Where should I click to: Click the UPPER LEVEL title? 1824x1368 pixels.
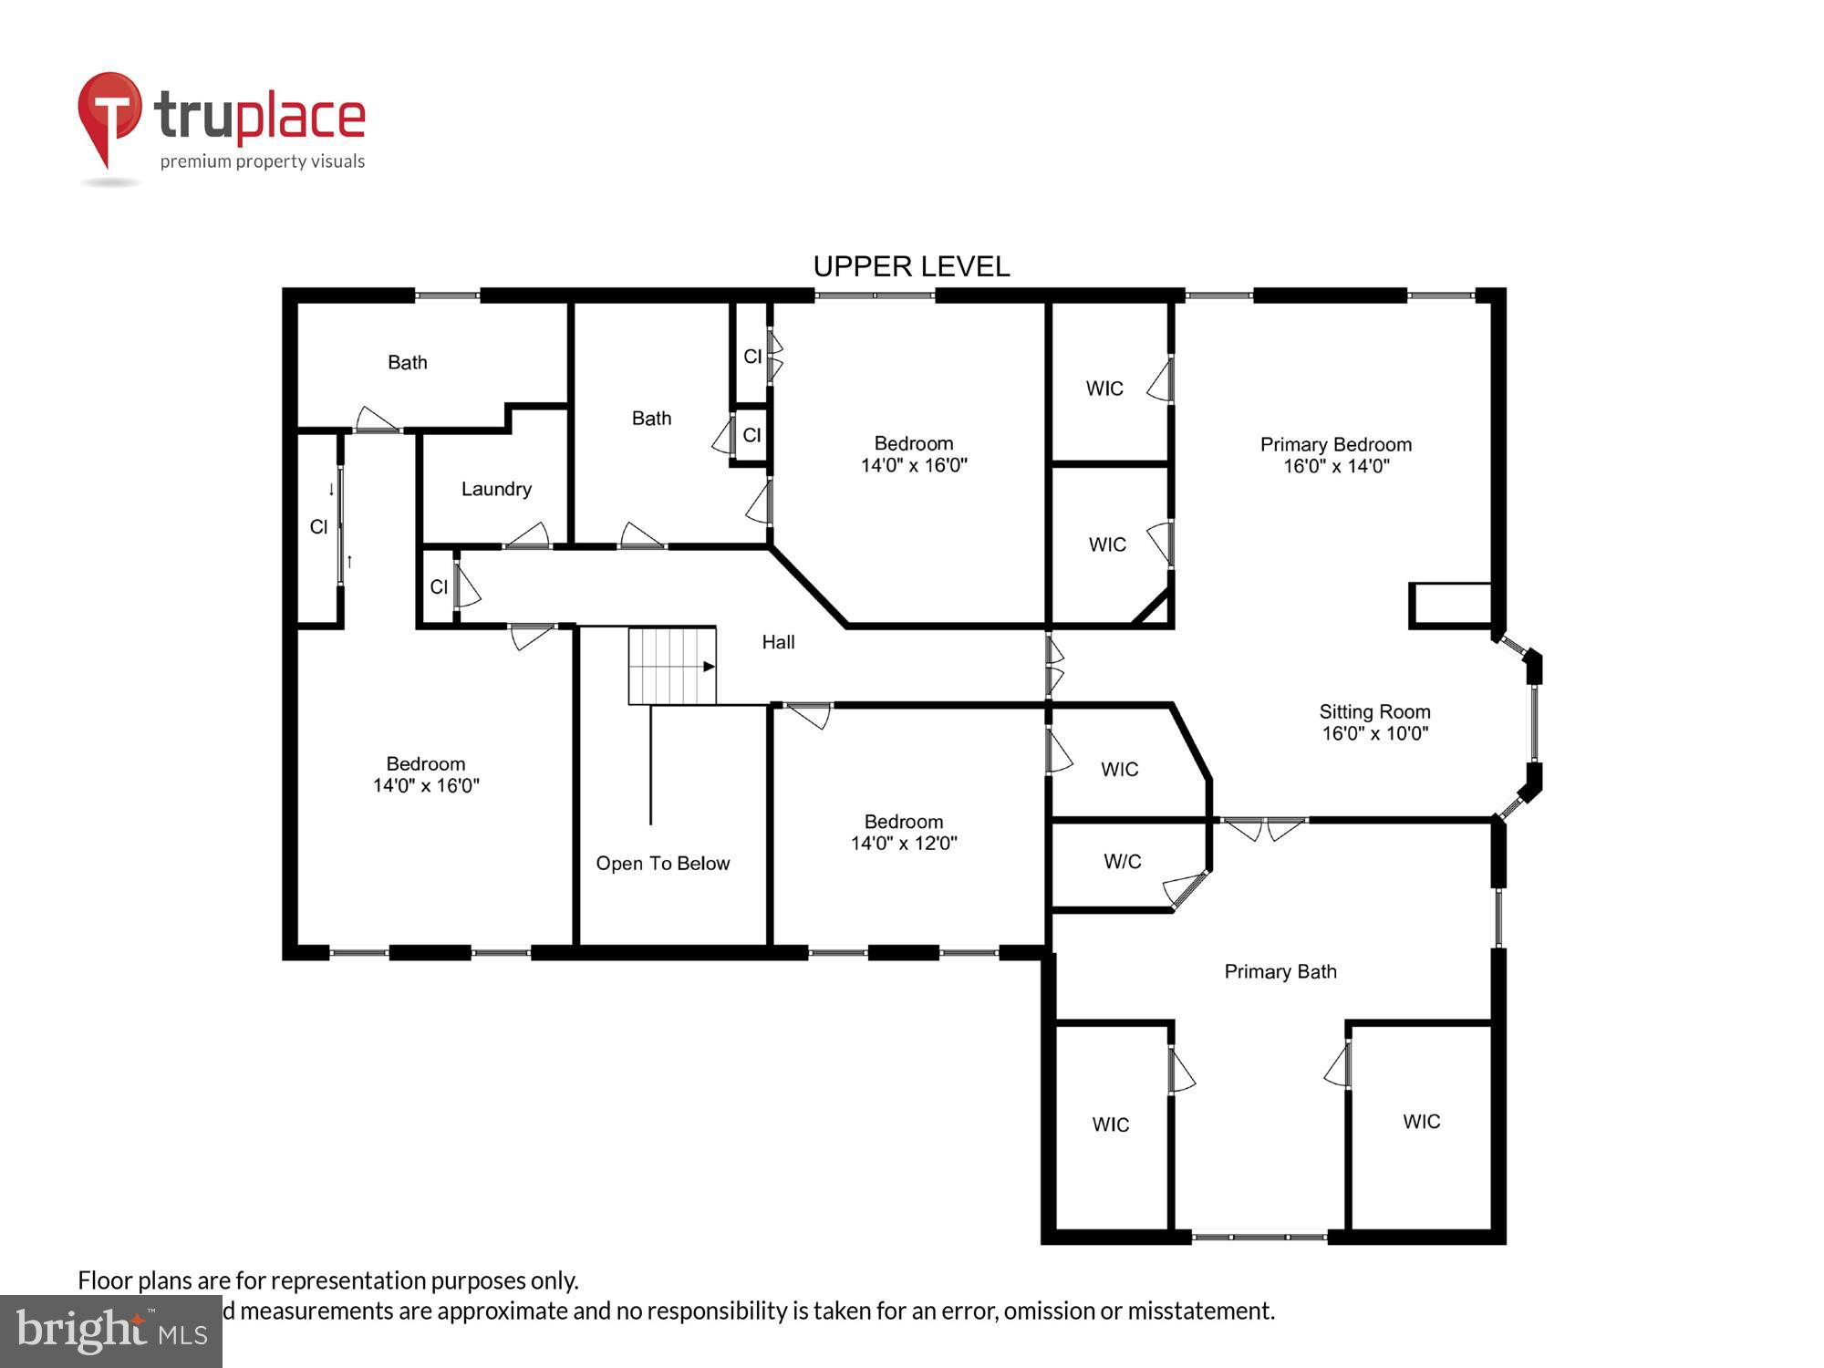(x=911, y=266)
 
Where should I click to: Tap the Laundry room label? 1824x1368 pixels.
(x=496, y=489)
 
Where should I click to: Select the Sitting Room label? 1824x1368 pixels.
(x=1374, y=711)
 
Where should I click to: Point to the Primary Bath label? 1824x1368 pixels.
(x=1280, y=971)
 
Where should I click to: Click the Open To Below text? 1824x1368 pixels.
(x=663, y=863)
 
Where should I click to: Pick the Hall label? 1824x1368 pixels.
(x=778, y=642)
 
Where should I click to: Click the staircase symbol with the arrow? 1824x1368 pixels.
(x=672, y=666)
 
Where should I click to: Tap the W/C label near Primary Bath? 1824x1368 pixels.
(x=1122, y=861)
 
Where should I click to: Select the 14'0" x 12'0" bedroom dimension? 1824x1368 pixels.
(x=904, y=844)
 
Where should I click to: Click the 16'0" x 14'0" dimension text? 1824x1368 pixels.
(x=1336, y=466)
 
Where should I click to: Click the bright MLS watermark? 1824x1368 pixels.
(x=111, y=1332)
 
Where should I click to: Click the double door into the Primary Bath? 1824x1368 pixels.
(x=1263, y=827)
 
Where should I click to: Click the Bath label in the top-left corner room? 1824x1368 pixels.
(x=407, y=362)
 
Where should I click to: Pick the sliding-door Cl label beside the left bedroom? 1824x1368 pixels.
(x=318, y=526)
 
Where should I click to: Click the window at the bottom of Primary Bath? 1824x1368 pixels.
(x=1259, y=1237)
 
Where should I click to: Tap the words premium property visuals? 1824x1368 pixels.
(x=263, y=161)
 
